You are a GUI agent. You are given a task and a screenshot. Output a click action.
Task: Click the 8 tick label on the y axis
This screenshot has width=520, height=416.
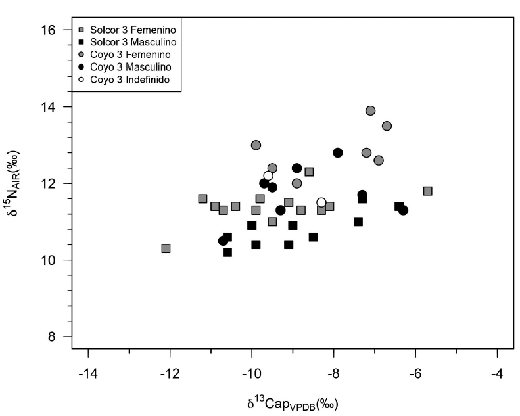[57, 337]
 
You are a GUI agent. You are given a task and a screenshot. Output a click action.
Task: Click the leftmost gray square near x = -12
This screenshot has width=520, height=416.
[166, 248]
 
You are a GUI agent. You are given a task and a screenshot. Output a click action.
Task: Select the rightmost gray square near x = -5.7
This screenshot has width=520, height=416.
[428, 191]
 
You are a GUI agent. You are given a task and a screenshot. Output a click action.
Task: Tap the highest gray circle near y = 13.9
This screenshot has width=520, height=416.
[371, 110]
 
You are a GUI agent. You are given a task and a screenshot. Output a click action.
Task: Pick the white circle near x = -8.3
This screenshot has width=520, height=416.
[321, 202]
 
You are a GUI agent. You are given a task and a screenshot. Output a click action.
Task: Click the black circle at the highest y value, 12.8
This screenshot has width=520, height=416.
[338, 152]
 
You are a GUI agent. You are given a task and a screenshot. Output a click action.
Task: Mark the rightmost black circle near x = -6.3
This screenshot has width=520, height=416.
[403, 210]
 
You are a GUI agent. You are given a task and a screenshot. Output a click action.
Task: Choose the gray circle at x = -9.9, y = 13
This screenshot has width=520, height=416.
[256, 145]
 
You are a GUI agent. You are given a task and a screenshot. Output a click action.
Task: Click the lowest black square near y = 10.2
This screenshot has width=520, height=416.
[227, 252]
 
